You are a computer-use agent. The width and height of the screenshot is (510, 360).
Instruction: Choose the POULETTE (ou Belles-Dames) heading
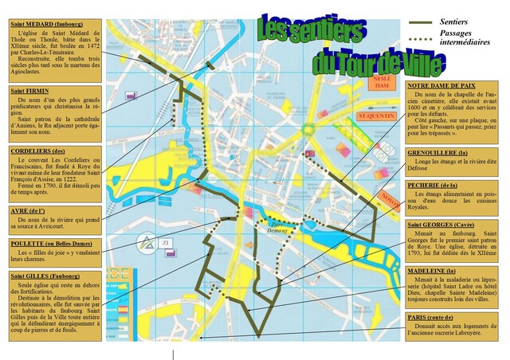click(49, 244)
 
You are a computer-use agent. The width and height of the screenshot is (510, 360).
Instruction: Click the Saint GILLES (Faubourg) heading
click(45, 276)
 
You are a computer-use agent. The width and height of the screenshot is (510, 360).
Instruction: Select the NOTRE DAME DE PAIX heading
click(441, 85)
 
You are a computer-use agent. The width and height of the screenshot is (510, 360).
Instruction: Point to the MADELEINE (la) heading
click(433, 271)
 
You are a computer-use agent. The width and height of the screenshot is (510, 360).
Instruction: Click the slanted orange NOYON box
click(391, 197)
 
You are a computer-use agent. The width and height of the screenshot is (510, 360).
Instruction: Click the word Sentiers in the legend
click(456, 22)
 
